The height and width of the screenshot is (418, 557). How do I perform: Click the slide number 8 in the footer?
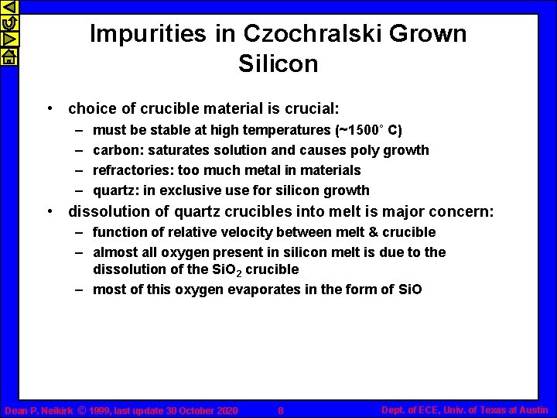pos(280,410)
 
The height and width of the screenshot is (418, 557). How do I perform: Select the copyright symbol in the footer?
pos(81,410)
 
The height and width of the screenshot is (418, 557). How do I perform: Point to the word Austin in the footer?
pos(532,409)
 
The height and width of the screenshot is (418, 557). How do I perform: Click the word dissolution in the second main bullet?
pos(107,211)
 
